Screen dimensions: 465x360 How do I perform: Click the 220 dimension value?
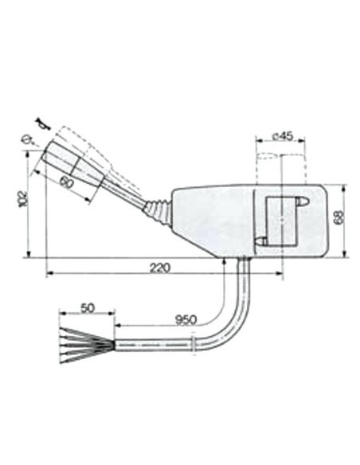point(160,268)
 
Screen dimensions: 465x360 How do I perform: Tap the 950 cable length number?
point(186,319)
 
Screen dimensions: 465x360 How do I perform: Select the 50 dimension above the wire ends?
point(87,307)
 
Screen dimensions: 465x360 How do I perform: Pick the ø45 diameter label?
point(283,136)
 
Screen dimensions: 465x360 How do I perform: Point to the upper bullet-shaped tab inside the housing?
point(301,204)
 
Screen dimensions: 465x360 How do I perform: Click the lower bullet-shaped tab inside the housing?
point(261,240)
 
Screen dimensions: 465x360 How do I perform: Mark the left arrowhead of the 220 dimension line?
point(49,275)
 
